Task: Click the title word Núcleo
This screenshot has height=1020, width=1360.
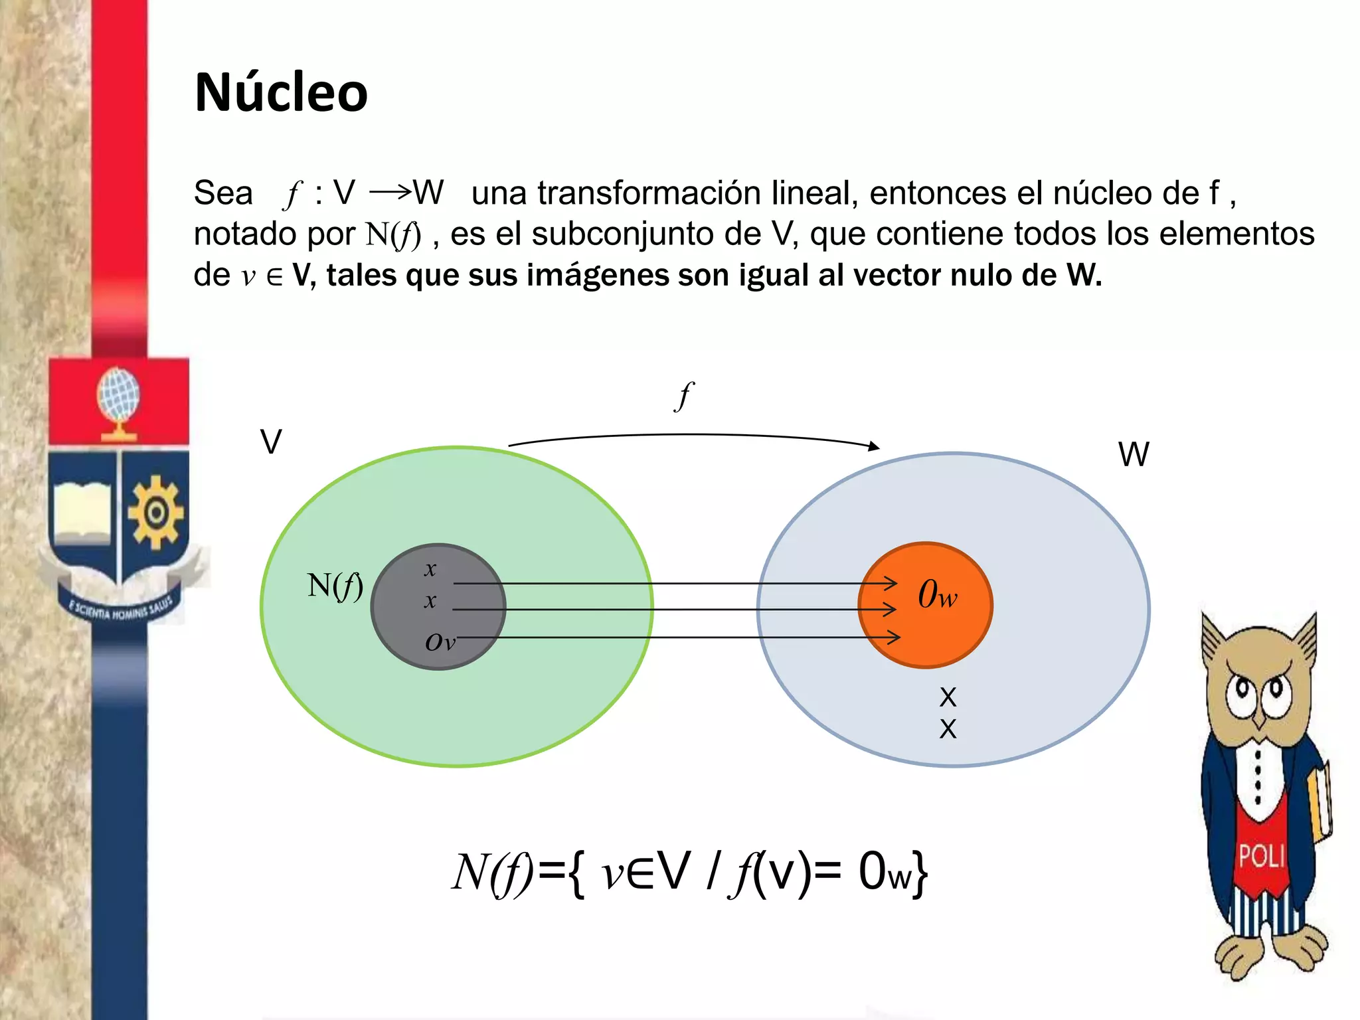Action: click(281, 92)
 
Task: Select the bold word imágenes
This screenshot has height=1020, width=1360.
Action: click(598, 275)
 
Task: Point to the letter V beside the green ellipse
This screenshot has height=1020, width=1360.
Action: click(271, 442)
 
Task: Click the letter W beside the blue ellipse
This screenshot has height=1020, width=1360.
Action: click(1133, 455)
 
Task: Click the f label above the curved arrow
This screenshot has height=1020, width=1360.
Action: click(683, 396)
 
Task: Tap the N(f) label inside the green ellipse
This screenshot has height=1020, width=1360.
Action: click(335, 586)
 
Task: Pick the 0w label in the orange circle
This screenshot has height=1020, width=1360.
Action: click(937, 594)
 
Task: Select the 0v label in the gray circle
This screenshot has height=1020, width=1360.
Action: click(440, 642)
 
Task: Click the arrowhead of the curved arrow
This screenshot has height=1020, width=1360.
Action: click(875, 446)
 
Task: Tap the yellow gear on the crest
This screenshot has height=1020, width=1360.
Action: click(155, 512)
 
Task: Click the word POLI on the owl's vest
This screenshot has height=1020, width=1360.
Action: click(1261, 856)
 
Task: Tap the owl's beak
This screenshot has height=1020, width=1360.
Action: click(1259, 721)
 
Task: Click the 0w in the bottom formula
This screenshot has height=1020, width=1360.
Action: click(885, 872)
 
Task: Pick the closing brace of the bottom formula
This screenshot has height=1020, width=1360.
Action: click(920, 873)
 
